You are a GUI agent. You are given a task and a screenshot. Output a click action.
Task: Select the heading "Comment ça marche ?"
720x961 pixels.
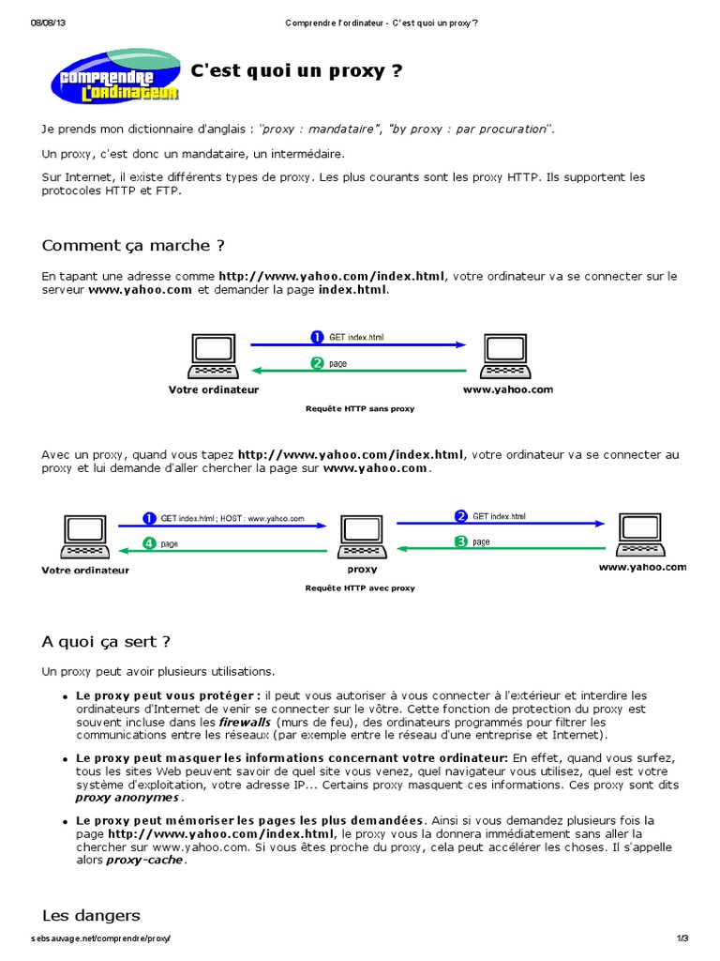(133, 246)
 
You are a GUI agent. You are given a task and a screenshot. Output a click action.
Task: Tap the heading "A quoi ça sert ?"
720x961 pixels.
(106, 642)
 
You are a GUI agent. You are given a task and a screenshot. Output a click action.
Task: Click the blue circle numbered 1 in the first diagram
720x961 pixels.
(317, 337)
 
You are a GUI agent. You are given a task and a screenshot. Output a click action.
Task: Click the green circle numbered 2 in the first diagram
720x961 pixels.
(317, 364)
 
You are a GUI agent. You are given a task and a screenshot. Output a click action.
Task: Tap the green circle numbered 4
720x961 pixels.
(149, 543)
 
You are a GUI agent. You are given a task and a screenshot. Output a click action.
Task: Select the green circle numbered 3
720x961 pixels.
(460, 542)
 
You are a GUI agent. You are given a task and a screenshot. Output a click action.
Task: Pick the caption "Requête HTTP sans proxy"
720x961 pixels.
(360, 409)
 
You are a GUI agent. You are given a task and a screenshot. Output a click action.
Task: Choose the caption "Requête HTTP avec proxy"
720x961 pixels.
(360, 588)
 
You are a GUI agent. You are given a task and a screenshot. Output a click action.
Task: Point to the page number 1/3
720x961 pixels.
(682, 938)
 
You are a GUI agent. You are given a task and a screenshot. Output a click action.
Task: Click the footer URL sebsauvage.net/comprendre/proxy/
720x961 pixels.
(102, 938)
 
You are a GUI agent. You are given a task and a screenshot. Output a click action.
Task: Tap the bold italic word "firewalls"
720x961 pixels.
(245, 724)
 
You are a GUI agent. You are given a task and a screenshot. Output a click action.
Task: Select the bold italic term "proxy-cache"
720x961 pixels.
(145, 860)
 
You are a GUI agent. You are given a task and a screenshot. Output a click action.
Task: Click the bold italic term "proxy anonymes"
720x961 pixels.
(127, 797)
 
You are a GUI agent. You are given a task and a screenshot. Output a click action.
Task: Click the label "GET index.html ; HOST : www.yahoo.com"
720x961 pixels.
(232, 517)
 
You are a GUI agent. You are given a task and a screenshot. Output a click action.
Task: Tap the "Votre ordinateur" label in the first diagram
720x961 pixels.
(214, 389)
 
